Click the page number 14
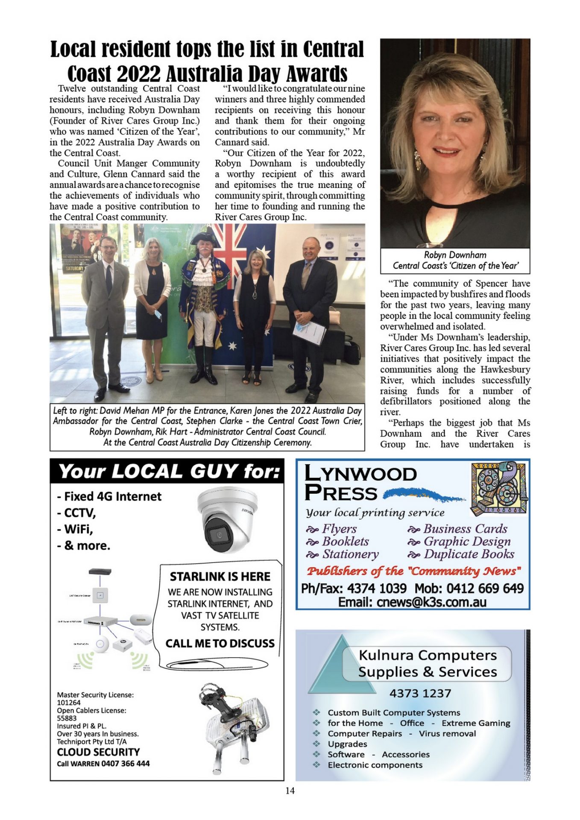290,791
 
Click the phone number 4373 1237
420,693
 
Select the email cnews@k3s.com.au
412,602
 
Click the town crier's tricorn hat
205,238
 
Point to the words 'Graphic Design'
467,542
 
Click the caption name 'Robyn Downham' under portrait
455,255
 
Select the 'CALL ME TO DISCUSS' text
220,644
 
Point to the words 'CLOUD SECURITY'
98,752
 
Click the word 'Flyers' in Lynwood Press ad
339,529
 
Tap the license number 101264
69,703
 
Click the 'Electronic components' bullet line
375,765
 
